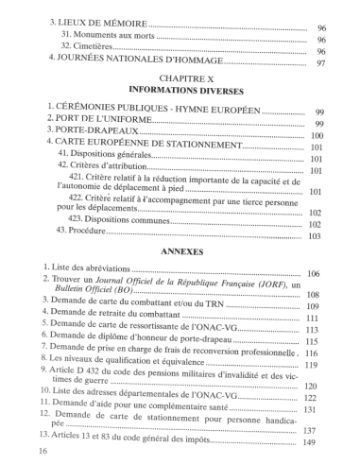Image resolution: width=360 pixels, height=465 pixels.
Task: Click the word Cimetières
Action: (101, 53)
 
